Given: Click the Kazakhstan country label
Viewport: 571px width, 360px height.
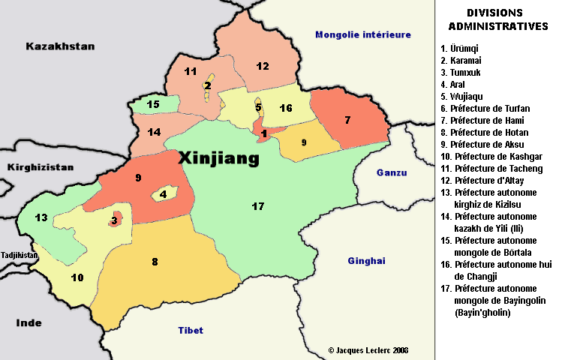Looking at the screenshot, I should [60, 46].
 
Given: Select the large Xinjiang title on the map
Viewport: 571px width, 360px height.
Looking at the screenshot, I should [219, 158].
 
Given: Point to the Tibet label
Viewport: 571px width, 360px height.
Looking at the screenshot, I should [191, 330].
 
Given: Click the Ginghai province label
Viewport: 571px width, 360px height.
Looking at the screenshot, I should [366, 261].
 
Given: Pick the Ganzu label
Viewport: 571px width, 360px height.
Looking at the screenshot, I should [391, 172].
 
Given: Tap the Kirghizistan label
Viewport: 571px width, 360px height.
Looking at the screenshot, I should [41, 167].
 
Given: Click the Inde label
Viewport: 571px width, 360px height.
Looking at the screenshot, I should [29, 322].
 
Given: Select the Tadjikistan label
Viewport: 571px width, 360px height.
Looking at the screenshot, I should [19, 255].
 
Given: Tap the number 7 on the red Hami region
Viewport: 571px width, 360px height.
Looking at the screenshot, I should [347, 120].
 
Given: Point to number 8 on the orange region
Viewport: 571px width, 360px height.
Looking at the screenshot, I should [155, 262].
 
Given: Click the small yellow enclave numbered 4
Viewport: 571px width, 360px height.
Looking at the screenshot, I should [164, 194].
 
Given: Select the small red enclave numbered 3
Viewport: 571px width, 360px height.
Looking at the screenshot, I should [114, 220].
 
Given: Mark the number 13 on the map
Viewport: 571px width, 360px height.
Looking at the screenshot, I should [41, 218].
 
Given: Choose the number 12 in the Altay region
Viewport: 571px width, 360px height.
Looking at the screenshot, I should [262, 66].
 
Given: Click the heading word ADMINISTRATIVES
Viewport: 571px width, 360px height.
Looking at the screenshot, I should [497, 26].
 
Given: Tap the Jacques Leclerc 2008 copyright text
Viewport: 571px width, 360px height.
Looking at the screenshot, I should [368, 350].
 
